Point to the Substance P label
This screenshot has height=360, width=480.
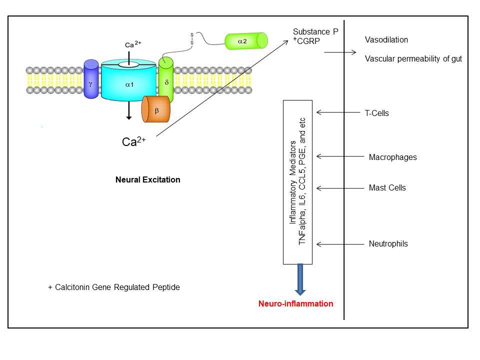[x=315, y=32]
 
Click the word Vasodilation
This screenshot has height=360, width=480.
[x=386, y=40]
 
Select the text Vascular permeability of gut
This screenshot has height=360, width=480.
[x=413, y=59]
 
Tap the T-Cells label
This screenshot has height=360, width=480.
[x=376, y=113]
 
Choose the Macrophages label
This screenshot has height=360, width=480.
[x=392, y=157]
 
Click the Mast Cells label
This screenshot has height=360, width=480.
[x=387, y=188]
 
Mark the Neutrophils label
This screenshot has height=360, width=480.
[x=388, y=244]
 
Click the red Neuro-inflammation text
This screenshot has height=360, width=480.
[x=295, y=303]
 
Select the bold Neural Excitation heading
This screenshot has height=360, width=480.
[x=147, y=179]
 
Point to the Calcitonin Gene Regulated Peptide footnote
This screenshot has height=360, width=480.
[x=113, y=287]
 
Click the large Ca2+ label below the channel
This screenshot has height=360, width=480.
[x=133, y=141]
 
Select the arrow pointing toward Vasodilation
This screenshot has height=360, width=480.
[x=340, y=52]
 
